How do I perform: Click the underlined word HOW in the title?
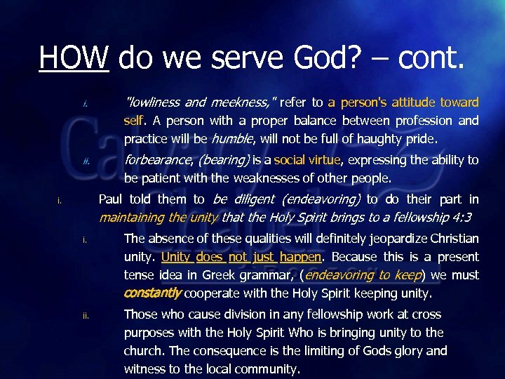pos(74,55)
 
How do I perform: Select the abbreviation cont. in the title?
pos(431,55)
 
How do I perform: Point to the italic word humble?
pos(230,139)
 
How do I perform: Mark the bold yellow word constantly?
pos(153,293)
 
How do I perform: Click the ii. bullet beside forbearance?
pos(86,161)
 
